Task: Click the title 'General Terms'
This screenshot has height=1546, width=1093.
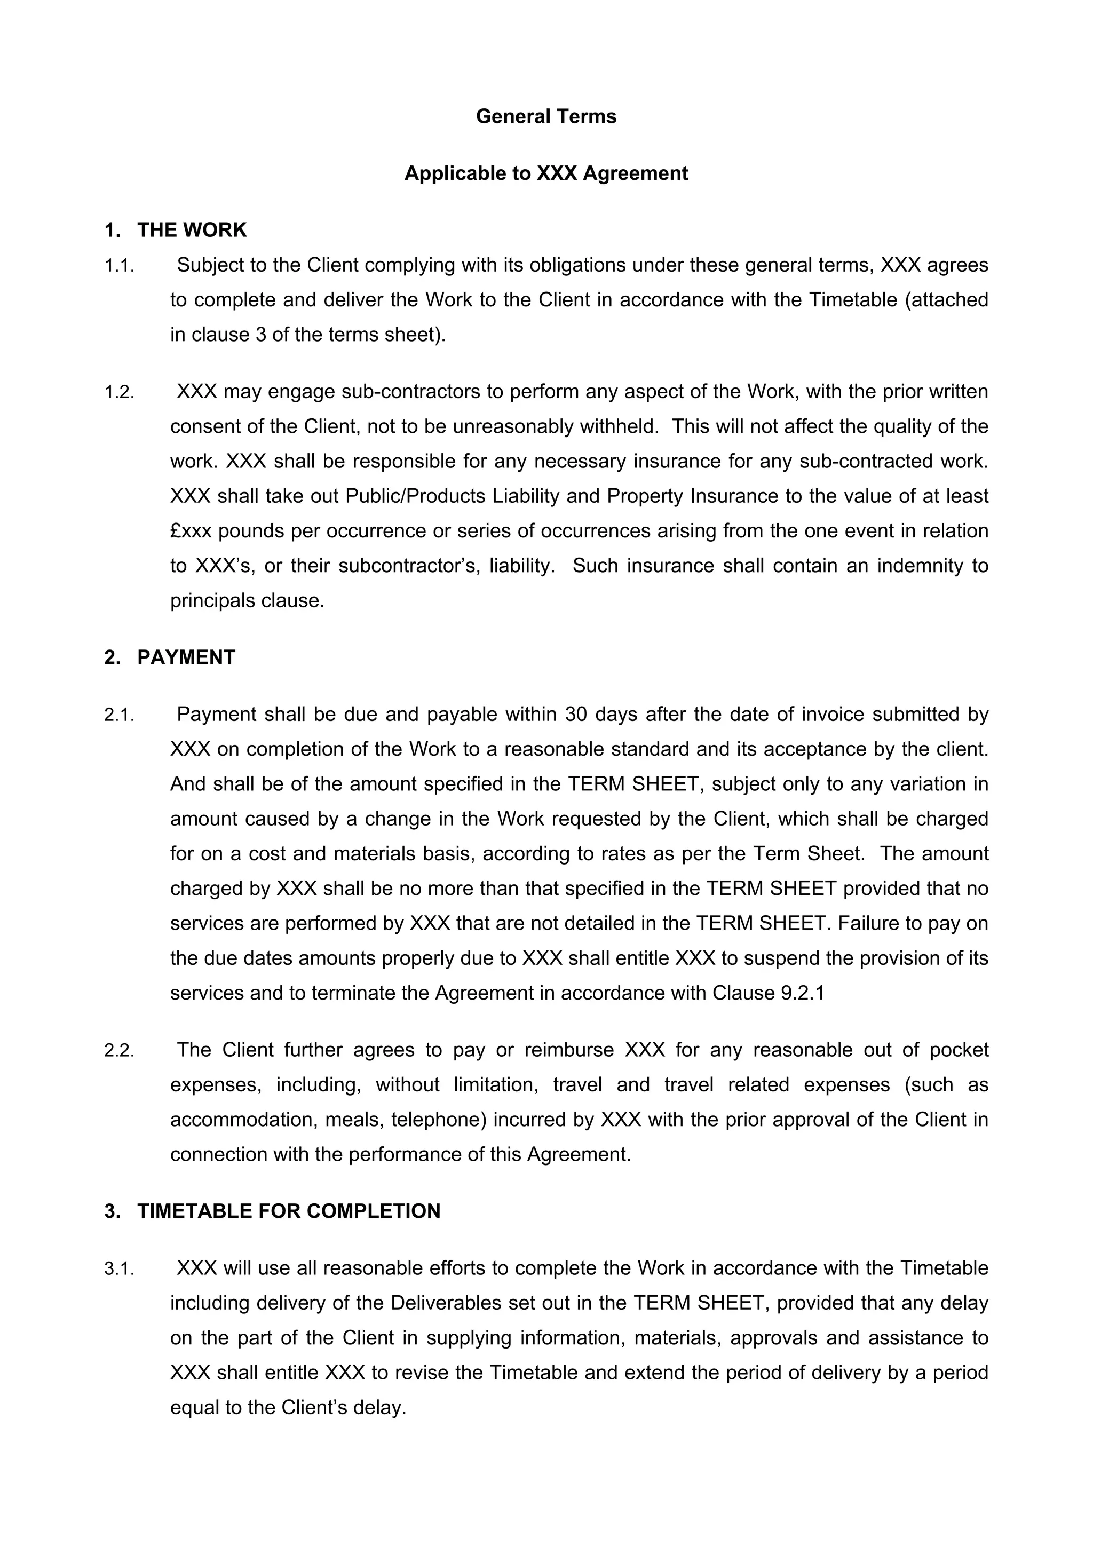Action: pyautogui.click(x=545, y=116)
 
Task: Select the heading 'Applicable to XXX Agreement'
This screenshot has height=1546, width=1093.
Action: pyautogui.click(x=545, y=174)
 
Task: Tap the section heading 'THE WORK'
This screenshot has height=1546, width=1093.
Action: pyautogui.click(x=192, y=231)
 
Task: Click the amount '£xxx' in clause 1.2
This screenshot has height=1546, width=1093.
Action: pyautogui.click(x=191, y=532)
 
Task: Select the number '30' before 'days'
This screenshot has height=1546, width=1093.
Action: pyautogui.click(x=576, y=715)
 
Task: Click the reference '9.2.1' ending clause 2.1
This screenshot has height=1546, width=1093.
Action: pyautogui.click(x=803, y=993)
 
